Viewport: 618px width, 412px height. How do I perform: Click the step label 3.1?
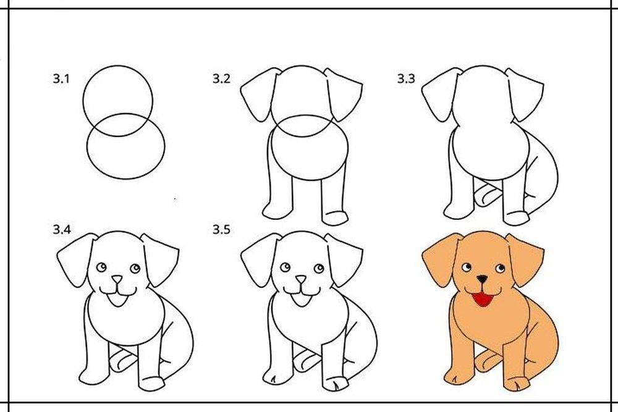tap(61, 79)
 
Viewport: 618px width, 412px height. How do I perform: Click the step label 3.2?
tap(221, 79)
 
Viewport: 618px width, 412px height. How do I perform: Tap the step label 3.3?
tap(405, 79)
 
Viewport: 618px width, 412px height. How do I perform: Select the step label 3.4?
tap(62, 229)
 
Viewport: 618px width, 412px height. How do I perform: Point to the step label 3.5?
tap(221, 229)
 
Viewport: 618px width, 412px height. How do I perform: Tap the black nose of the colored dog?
tap(481, 279)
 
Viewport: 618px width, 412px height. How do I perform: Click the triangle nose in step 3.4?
tap(117, 279)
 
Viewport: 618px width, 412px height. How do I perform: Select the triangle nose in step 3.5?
tap(301, 279)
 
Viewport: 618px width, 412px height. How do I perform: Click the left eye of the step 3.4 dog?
tap(102, 267)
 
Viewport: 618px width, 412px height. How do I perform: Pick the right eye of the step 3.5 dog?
tap(319, 269)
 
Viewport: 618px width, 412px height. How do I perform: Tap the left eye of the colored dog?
tap(467, 267)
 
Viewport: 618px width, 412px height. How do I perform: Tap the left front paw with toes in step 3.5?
tap(274, 377)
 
